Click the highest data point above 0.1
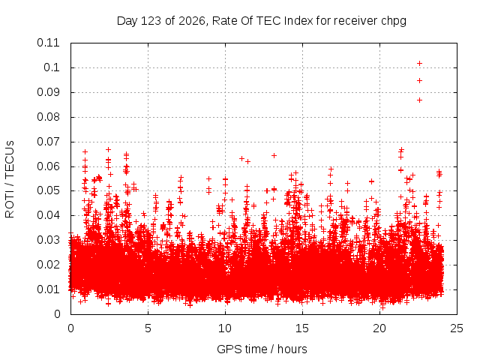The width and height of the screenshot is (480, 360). click(x=420, y=63)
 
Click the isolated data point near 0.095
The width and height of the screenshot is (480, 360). click(x=420, y=80)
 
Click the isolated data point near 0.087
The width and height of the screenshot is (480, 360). click(x=420, y=100)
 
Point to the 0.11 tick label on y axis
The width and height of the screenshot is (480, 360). click(x=48, y=43)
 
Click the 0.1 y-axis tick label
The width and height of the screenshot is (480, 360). click(x=52, y=67)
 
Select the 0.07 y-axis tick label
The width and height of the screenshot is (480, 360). click(x=48, y=142)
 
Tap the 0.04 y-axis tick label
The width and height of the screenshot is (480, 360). click(x=48, y=215)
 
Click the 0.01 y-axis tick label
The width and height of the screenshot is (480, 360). click(x=48, y=289)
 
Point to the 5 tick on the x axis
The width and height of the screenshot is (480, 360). click(x=148, y=328)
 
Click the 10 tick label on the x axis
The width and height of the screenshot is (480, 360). click(x=225, y=328)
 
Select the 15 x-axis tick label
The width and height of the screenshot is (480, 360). click(x=302, y=328)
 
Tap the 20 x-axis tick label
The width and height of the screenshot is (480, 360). click(x=379, y=328)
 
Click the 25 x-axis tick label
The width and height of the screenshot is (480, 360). click(x=457, y=328)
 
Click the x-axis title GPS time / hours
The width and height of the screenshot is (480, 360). click(x=262, y=349)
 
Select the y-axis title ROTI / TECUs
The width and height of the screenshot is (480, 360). click(x=10, y=179)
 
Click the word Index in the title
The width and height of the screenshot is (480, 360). click(x=298, y=21)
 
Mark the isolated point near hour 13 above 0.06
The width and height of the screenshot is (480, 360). click(x=274, y=155)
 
